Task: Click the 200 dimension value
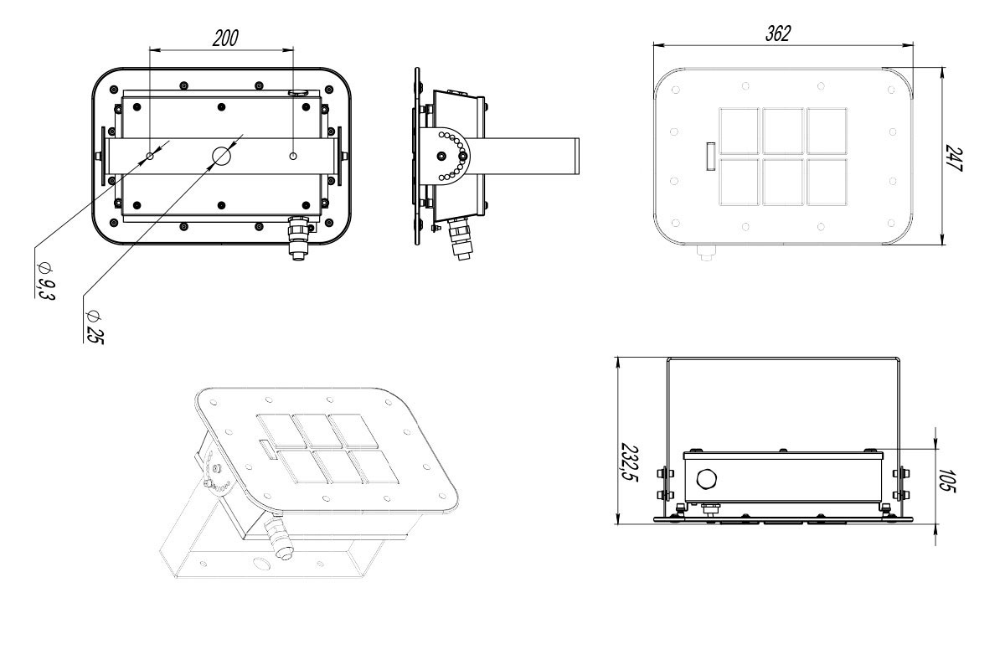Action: tap(225, 39)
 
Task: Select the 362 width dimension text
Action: tap(778, 33)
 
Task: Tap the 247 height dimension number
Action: tap(954, 157)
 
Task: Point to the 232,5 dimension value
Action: tap(630, 462)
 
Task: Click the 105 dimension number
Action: tap(947, 481)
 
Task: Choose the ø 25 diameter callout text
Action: tap(94, 327)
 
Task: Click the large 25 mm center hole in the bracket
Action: tap(221, 156)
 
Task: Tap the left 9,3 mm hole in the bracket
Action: tap(150, 156)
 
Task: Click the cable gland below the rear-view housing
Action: tap(298, 238)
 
